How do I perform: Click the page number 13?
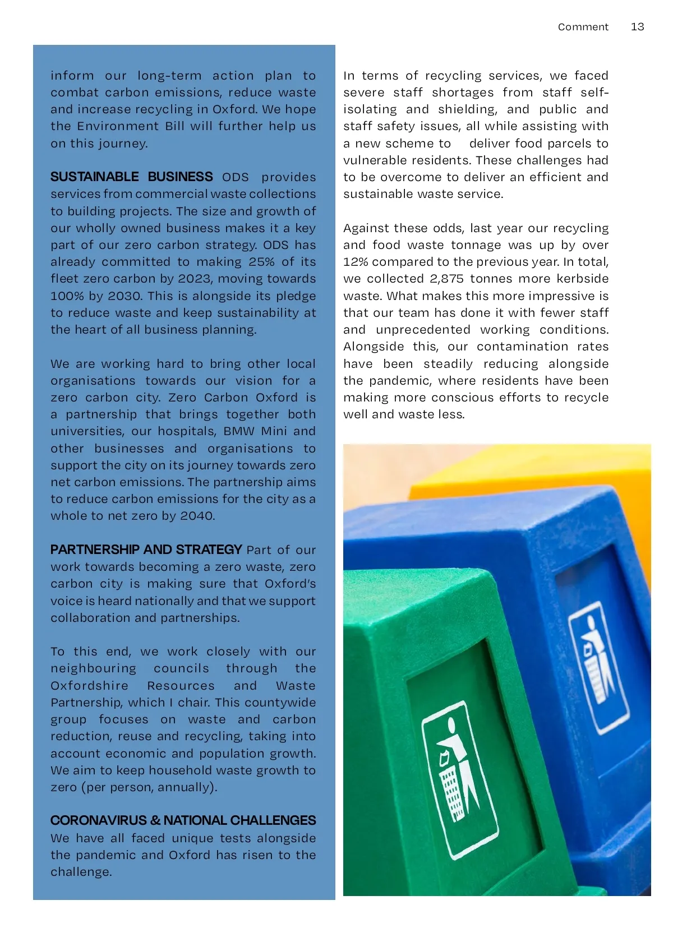[637, 27]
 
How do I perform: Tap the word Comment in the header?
[583, 27]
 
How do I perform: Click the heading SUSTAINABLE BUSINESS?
[131, 177]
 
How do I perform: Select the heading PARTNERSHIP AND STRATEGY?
[146, 550]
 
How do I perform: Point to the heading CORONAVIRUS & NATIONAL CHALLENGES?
[183, 820]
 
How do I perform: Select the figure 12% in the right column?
[356, 262]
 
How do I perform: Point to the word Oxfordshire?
[89, 686]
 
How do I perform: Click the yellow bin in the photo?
[533, 482]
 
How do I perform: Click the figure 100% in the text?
[67, 296]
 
